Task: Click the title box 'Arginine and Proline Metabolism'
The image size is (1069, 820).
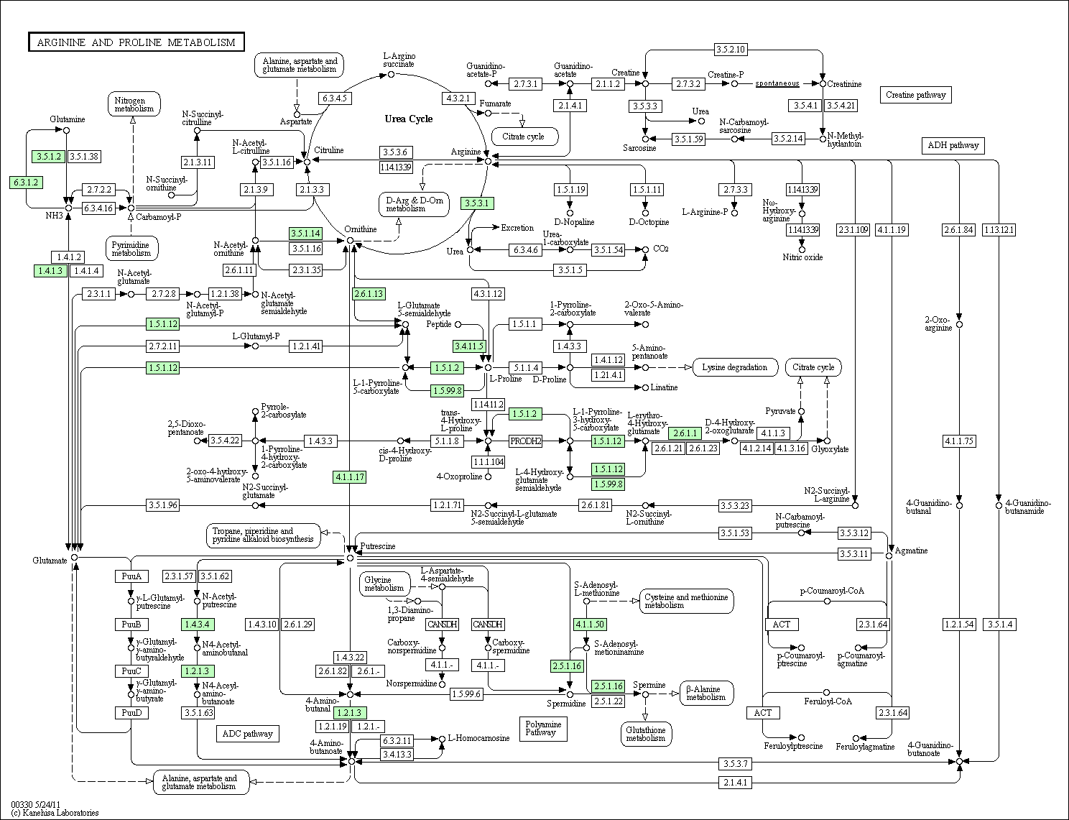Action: [x=136, y=42]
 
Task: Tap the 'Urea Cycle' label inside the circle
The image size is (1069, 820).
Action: [x=408, y=119]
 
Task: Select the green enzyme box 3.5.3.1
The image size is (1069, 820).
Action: [x=477, y=203]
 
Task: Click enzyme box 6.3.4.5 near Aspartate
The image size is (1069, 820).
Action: [x=335, y=98]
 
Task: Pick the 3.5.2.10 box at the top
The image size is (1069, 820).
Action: [x=731, y=49]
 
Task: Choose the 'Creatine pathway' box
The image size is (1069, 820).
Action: [x=915, y=95]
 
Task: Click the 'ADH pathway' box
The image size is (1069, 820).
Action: [x=953, y=146]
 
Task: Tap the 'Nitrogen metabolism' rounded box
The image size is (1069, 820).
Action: [x=134, y=104]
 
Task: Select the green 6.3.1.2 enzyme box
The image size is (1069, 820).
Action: [x=26, y=183]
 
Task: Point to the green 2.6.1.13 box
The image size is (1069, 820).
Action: [x=369, y=294]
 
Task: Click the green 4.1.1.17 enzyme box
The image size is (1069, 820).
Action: [x=349, y=476]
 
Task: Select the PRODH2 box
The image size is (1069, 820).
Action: [x=525, y=441]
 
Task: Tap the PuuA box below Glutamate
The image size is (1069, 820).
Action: [x=131, y=576]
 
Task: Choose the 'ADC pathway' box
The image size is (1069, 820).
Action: [x=247, y=734]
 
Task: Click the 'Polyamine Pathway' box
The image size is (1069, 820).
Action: [x=543, y=729]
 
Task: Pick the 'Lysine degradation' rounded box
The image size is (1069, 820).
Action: [x=735, y=367]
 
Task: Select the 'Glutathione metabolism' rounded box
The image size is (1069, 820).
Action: [x=646, y=734]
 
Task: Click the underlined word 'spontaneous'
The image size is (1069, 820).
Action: [x=777, y=83]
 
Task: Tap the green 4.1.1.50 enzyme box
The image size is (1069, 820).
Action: [x=590, y=625]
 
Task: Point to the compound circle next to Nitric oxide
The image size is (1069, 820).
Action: [x=802, y=250]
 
